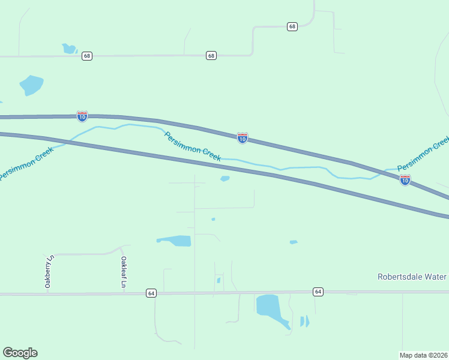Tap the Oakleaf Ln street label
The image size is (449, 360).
coord(123,272)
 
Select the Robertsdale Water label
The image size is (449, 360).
coord(412,277)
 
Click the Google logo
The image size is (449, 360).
coord(20,353)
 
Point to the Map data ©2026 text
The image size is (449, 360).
coord(424,355)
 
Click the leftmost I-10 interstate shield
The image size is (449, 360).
coord(82,116)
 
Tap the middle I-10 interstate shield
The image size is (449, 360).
coord(242,138)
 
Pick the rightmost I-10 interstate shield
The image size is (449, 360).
coord(405,179)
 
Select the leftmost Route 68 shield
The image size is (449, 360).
coord(88,56)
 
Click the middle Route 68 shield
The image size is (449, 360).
coord(211,55)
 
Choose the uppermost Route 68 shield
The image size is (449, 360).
coord(292,26)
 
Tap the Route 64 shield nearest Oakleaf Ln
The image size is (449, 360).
coord(151,293)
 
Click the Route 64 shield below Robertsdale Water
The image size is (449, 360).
coord(318,292)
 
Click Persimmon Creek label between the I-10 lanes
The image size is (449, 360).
coord(193,146)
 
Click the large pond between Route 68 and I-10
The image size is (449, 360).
coord(31,85)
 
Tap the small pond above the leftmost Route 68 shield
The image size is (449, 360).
coord(69,48)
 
